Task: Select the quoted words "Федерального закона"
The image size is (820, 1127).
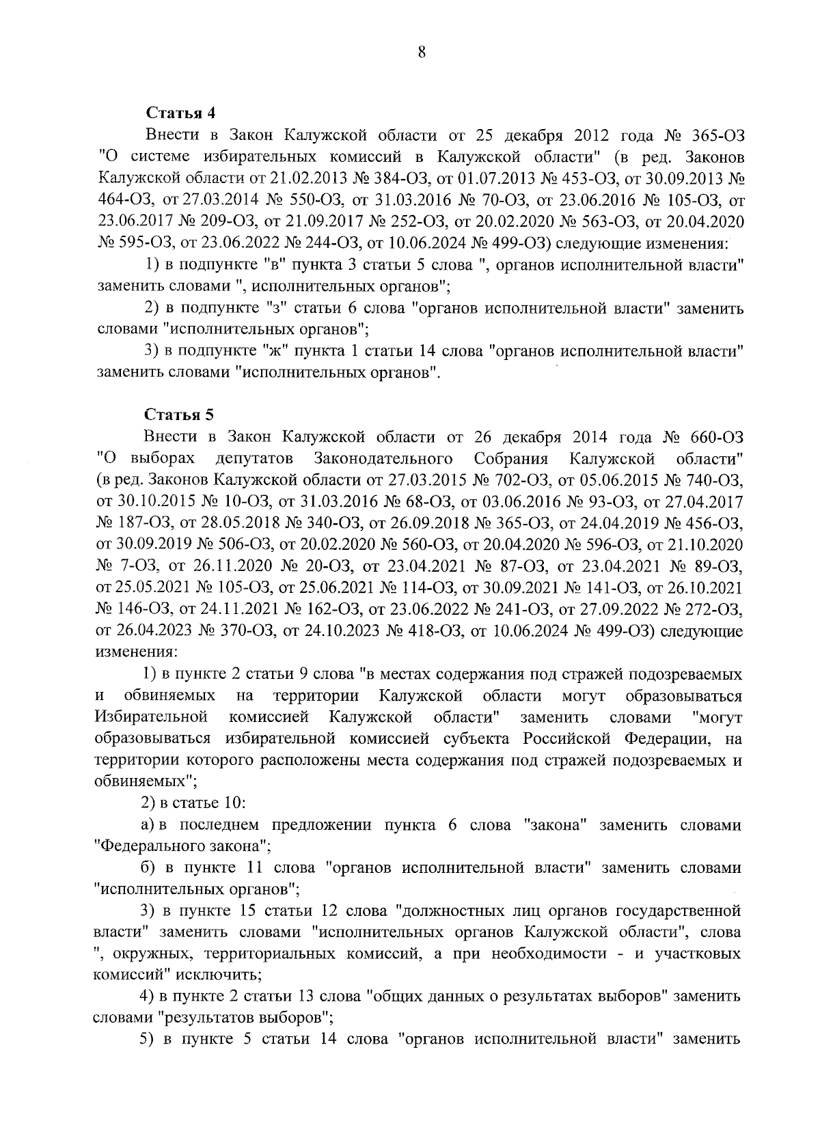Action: coord(182,846)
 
